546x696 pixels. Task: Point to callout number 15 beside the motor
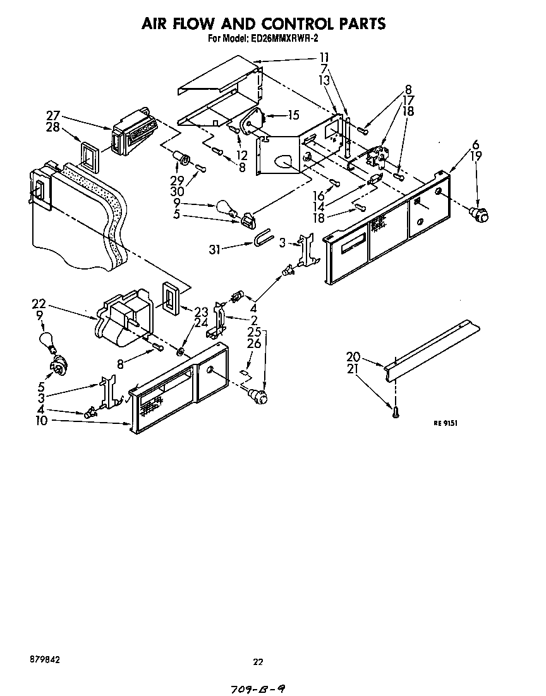(293, 115)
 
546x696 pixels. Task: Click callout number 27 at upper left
(53, 115)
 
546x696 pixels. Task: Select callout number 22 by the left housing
(39, 304)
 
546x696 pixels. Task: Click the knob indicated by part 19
(481, 214)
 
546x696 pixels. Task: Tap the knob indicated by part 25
(259, 396)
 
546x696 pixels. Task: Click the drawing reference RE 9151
(445, 423)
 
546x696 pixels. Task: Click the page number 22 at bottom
(258, 662)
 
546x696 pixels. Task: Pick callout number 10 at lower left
(41, 420)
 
